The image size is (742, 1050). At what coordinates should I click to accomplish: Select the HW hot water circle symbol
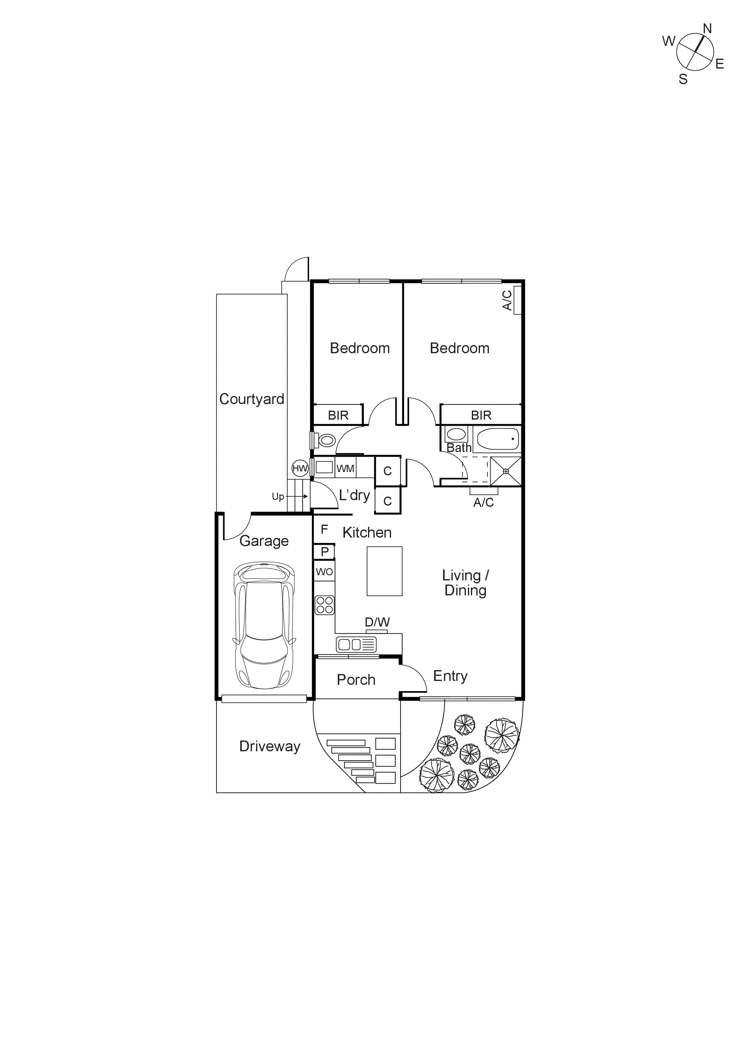tap(300, 468)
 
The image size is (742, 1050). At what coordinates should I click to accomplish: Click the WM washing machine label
tap(345, 468)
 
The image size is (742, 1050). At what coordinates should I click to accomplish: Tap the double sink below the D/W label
tap(356, 645)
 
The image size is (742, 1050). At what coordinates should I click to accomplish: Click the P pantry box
tap(325, 552)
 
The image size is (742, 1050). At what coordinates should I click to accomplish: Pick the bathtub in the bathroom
tap(498, 439)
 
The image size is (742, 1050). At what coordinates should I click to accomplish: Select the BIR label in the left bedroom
tap(338, 415)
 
